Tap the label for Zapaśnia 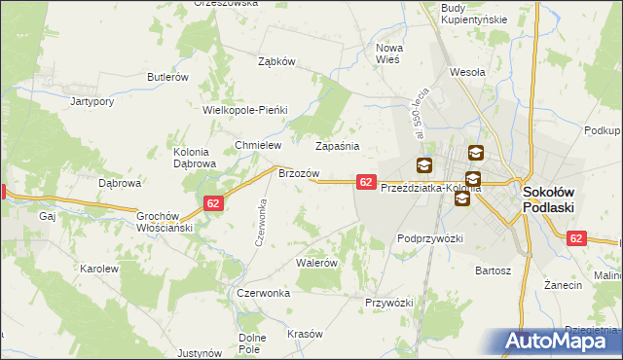point(338,146)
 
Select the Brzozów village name point(299,172)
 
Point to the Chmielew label point(258,145)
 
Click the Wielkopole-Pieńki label point(244,110)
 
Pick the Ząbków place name point(276,60)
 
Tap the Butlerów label point(166,77)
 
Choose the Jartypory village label point(94,100)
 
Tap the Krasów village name point(305,334)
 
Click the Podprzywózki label point(429,237)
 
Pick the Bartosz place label point(493,270)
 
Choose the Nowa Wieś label point(396,53)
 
